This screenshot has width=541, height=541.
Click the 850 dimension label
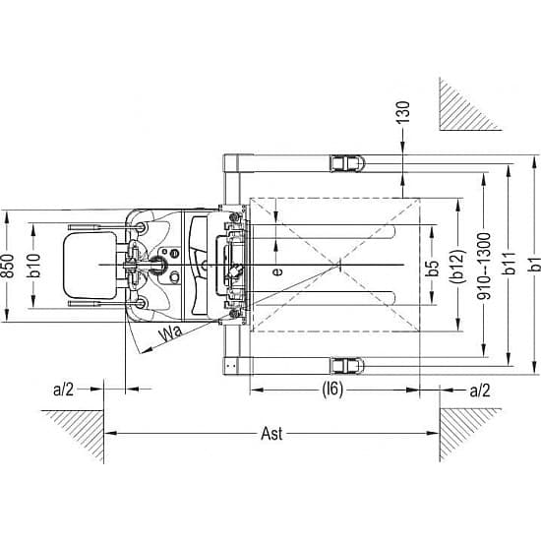coord(8,266)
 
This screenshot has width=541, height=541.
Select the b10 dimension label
coord(33,266)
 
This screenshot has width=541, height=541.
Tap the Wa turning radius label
coord(170,332)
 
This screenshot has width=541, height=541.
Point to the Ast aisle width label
coord(271,434)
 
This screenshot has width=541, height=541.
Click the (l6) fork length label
coord(332,390)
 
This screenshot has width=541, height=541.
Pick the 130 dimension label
coord(402,112)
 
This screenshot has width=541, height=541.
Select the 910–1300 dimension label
coord(484,266)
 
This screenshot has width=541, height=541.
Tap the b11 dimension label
coord(509,264)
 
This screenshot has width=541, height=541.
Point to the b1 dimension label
coord(534,265)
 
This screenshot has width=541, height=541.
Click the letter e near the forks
coord(277,271)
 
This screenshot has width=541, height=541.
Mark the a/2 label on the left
coord(64,390)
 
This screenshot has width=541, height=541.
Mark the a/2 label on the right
coord(480,391)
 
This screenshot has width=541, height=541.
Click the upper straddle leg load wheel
coord(347,163)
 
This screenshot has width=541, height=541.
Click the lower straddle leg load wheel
coord(347,366)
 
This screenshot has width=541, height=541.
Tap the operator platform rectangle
coord(90,266)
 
